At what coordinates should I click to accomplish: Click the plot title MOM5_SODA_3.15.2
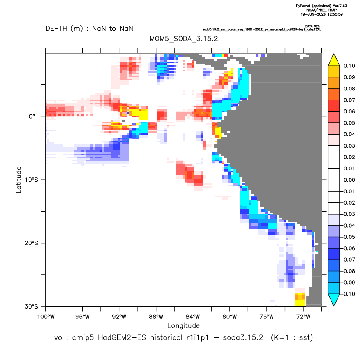coord(183,39)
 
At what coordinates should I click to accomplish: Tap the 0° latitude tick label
coord(32,116)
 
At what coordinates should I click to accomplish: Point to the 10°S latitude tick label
coord(31,180)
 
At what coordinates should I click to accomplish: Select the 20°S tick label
coord(31,243)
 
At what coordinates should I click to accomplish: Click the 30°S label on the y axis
coord(31,306)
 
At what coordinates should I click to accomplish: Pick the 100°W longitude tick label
coord(46,317)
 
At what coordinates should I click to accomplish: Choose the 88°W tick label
coord(156,317)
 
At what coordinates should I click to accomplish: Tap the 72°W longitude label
coord(303,317)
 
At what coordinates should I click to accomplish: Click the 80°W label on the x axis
coord(230,317)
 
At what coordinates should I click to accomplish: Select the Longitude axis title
coord(183,325)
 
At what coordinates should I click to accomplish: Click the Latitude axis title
coord(19,180)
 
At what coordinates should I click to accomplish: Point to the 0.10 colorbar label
coord(349,66)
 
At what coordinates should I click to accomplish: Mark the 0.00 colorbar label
coord(349,180)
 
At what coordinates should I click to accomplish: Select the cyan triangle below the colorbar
coord(334,299)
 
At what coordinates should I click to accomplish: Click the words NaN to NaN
coord(112,29)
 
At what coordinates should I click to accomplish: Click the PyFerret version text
coord(321,6)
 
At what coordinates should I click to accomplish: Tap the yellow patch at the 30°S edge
coord(300,303)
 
